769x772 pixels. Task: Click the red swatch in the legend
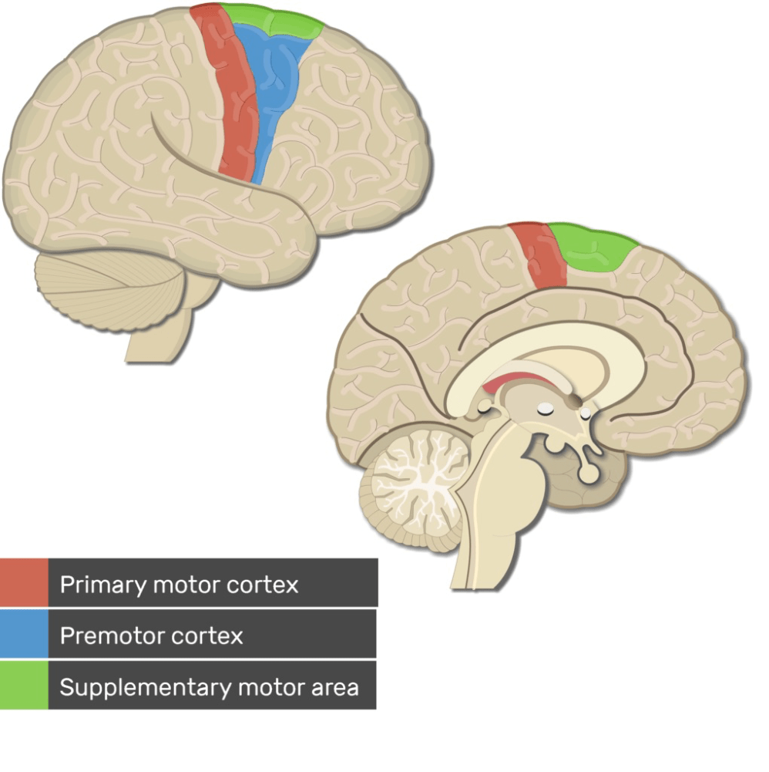(24, 582)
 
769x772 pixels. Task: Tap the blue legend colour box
(24, 634)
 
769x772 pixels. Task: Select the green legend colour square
(24, 686)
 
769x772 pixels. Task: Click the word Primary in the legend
(102, 585)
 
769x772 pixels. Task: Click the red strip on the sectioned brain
(539, 254)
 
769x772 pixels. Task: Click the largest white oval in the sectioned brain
(546, 408)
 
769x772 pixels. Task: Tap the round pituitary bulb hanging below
(589, 473)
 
